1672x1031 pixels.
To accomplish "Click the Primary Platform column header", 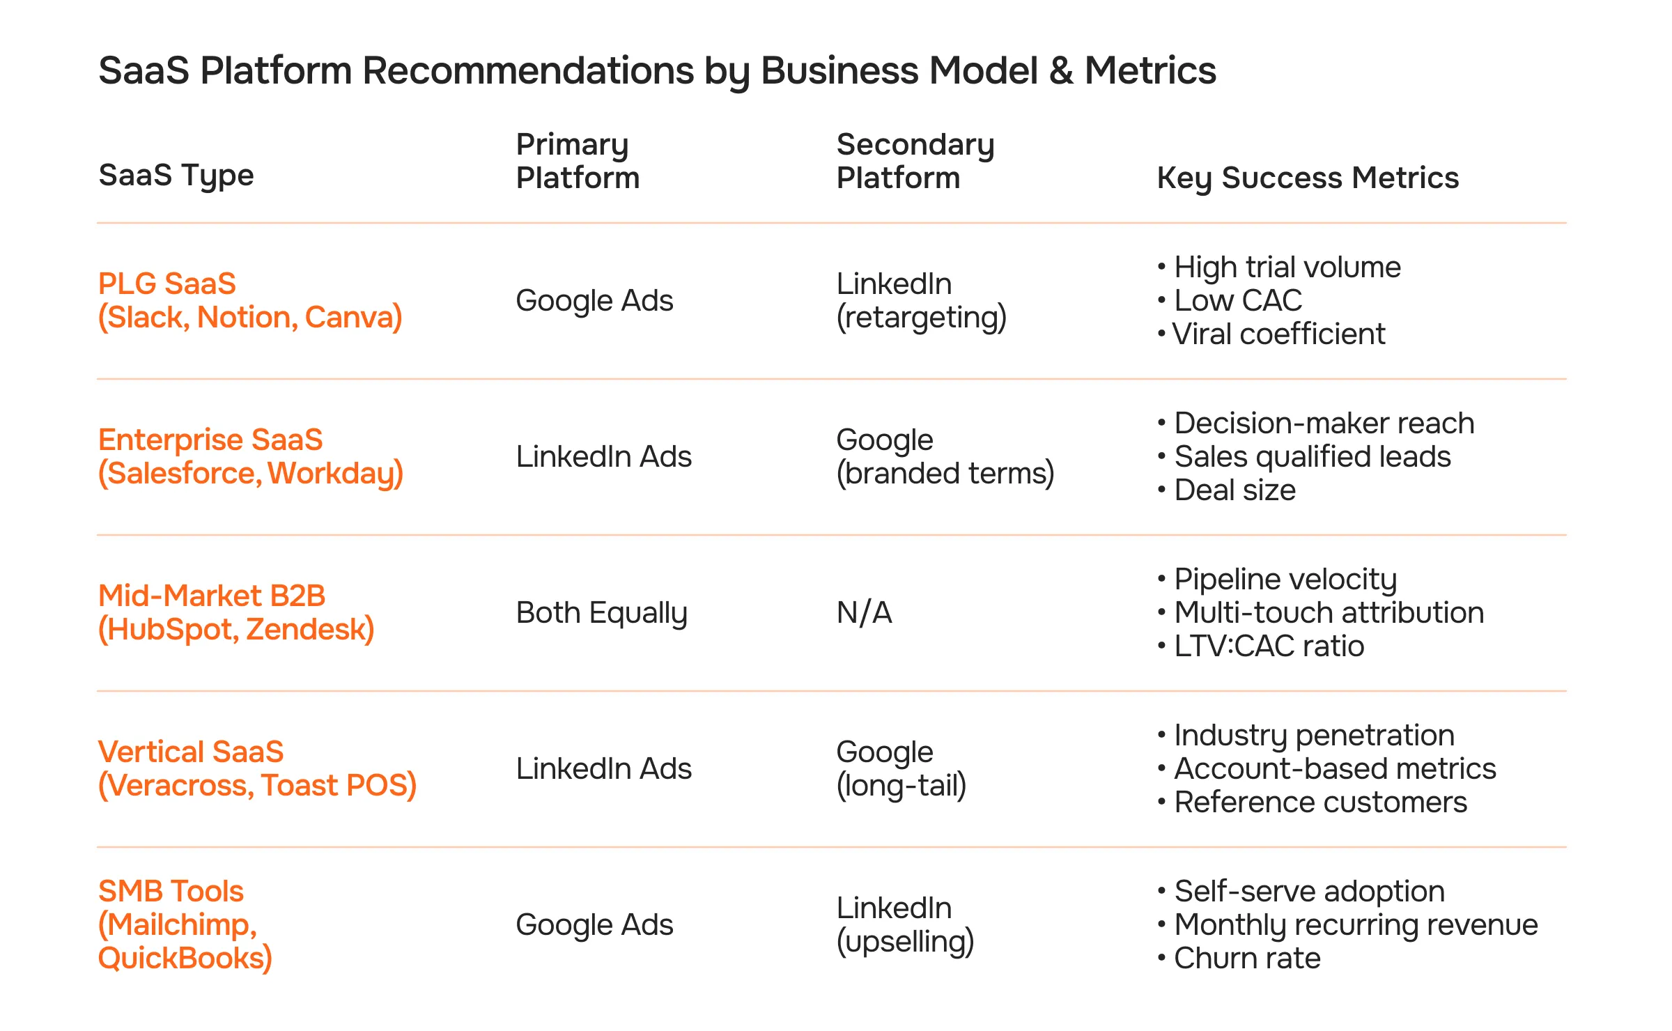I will tap(578, 161).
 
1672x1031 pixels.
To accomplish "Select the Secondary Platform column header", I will tap(915, 161).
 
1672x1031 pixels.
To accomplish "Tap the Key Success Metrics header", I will tap(1307, 178).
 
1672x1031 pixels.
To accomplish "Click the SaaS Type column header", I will tap(176, 176).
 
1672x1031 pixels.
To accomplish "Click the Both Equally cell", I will tap(601, 613).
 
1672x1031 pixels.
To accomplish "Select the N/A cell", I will tap(864, 613).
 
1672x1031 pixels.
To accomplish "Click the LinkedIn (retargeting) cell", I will tap(921, 301).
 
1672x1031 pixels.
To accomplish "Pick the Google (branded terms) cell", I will tap(945, 457).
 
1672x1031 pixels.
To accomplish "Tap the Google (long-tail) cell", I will tap(901, 769).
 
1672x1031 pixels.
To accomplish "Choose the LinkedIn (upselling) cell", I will tap(904, 924).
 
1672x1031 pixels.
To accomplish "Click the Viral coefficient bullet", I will tap(1278, 334).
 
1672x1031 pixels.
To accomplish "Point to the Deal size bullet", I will tap(1234, 490).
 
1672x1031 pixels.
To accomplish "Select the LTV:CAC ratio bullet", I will tap(1269, 646).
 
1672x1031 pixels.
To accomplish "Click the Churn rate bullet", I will tap(1247, 959).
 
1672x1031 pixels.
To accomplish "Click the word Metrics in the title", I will tap(1150, 71).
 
